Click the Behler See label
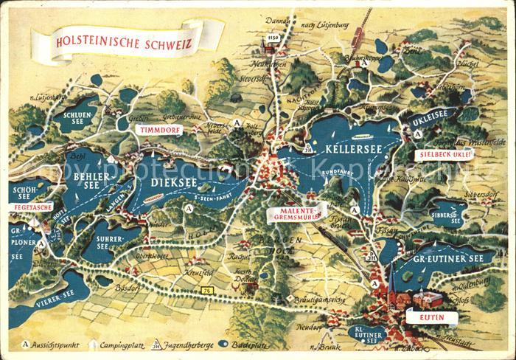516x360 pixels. click(x=91, y=181)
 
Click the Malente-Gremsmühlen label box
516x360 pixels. click(x=296, y=212)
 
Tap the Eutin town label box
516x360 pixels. click(x=428, y=319)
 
